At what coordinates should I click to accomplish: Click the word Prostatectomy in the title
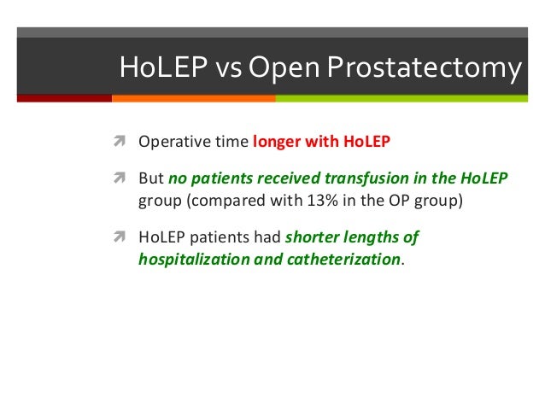[424, 67]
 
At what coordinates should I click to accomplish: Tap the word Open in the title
[284, 67]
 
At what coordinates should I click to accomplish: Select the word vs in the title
[228, 70]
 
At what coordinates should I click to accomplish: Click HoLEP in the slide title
[163, 67]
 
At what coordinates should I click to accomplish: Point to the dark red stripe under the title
[64, 98]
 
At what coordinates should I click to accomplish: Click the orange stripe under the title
[194, 98]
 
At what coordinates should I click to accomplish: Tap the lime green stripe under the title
[401, 98]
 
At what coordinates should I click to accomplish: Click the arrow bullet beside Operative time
[120, 141]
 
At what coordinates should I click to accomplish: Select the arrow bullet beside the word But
[120, 178]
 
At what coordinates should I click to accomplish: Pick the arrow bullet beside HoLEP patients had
[120, 237]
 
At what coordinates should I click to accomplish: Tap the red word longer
[277, 142]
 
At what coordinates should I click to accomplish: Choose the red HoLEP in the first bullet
[366, 142]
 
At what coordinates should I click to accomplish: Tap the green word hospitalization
[194, 260]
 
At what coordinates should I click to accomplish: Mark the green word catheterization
[343, 260]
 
